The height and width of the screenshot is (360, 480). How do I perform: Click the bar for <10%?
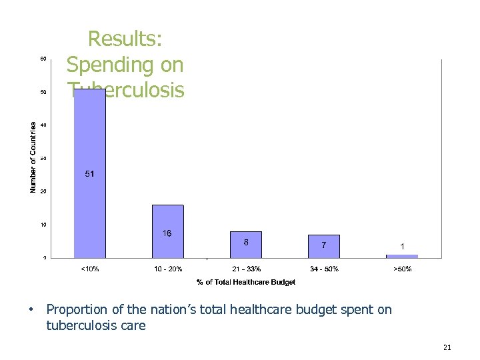(x=89, y=200)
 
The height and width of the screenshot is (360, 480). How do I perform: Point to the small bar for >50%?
(x=402, y=256)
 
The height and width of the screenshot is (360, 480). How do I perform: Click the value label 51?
(x=89, y=174)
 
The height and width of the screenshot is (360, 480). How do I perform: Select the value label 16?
(x=167, y=233)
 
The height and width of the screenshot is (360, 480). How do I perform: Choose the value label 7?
(x=324, y=245)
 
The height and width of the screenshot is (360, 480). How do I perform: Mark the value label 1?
(x=402, y=246)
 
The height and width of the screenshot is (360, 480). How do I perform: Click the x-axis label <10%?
(x=89, y=269)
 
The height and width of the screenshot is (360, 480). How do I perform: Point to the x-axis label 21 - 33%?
(x=246, y=269)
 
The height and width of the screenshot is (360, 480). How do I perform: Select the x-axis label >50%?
(x=402, y=269)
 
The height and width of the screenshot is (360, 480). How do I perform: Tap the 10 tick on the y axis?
(x=43, y=225)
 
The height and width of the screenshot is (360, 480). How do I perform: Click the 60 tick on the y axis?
(x=43, y=59)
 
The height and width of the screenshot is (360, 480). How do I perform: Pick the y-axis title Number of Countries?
(x=33, y=157)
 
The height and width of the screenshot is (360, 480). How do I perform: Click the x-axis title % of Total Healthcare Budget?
(x=246, y=282)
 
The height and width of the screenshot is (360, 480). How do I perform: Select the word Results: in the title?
(x=125, y=39)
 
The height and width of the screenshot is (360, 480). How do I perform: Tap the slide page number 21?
(x=447, y=347)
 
